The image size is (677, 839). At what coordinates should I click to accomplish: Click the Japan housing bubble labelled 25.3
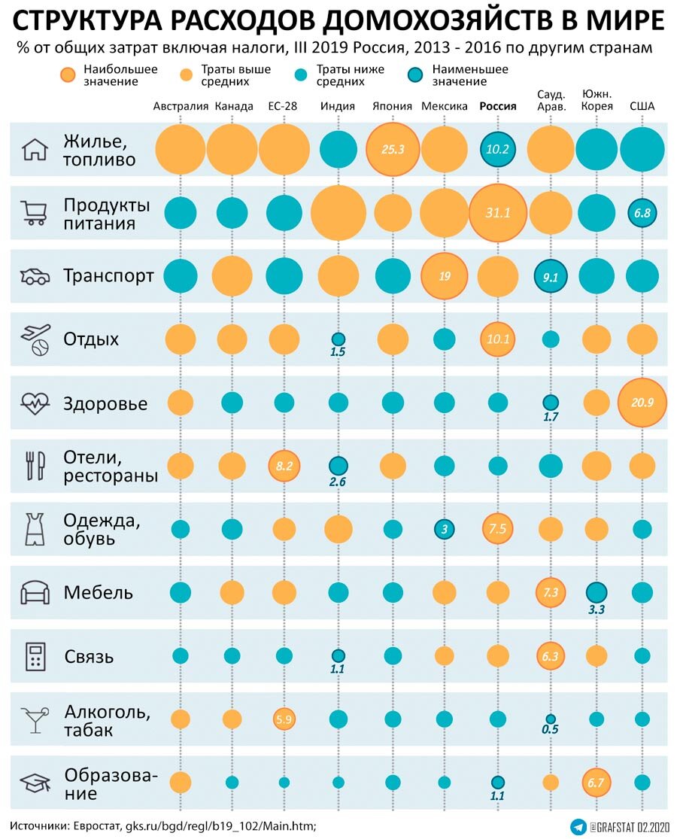(392, 149)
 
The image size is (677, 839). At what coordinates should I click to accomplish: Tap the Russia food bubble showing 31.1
(497, 213)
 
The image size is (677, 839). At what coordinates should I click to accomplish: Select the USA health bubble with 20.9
(642, 403)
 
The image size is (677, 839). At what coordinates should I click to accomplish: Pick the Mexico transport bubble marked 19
(445, 276)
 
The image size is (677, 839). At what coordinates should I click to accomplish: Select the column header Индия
(338, 106)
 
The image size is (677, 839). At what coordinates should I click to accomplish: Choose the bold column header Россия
(498, 106)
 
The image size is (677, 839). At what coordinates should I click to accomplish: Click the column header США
(642, 106)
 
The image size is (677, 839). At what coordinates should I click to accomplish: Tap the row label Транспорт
(109, 276)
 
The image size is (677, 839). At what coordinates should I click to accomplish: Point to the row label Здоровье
(105, 403)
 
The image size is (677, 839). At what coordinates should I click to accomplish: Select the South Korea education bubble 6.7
(596, 783)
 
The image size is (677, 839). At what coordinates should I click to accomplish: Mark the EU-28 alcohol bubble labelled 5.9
(284, 719)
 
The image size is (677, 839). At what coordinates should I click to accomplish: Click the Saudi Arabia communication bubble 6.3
(550, 655)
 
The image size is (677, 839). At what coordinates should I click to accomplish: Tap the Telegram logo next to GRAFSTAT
(578, 826)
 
